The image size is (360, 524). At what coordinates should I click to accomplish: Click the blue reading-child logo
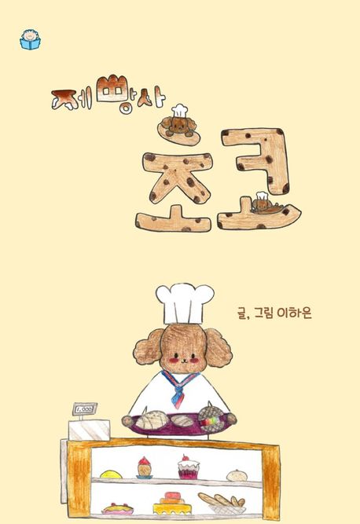tap(30, 40)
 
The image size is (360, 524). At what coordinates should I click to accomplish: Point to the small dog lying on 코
tap(265, 204)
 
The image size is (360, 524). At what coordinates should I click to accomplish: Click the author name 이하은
tap(294, 313)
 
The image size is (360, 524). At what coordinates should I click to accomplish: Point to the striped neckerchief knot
tap(179, 390)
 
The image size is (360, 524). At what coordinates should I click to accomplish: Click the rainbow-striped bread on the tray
tap(211, 420)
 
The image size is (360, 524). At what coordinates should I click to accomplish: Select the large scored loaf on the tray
tap(151, 420)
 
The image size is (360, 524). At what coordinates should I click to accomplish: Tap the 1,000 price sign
tap(85, 409)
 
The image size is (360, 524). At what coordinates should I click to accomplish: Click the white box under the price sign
tap(90, 430)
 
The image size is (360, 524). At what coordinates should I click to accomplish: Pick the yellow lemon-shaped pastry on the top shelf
tap(112, 475)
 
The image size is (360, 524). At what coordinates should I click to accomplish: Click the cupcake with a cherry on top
tap(188, 467)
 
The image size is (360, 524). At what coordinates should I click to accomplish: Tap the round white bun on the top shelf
tap(237, 475)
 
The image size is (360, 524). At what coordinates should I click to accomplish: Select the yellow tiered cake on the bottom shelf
tap(172, 503)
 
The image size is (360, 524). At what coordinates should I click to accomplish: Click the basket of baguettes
tap(222, 503)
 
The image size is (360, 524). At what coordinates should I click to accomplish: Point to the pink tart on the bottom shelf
tap(117, 508)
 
